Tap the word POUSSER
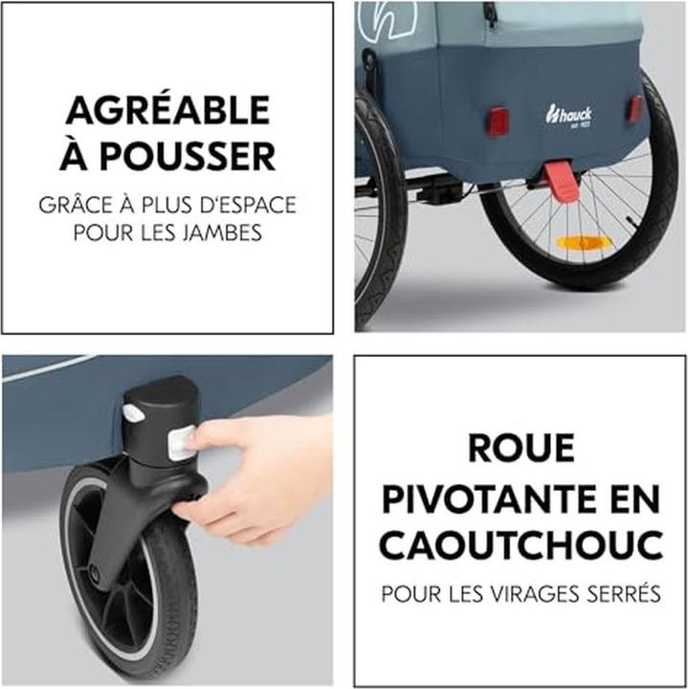pos(188,156)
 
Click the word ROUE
pos(522,448)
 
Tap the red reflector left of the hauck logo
pos(499,118)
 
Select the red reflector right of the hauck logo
pos(635,108)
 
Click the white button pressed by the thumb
pos(181,443)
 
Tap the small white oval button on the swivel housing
pos(132,412)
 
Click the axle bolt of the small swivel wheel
pos(94,572)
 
